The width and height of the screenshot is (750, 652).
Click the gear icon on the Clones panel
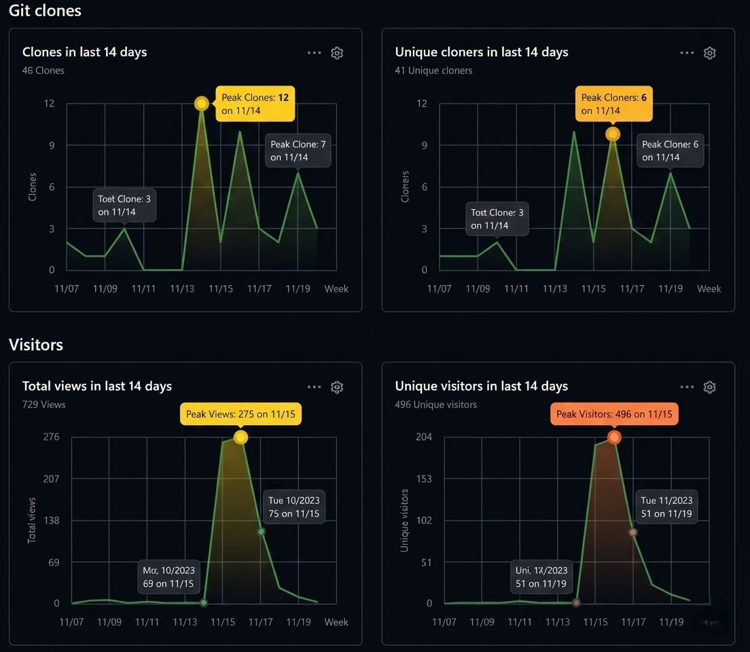pyautogui.click(x=336, y=53)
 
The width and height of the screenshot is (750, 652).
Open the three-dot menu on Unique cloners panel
pyautogui.click(x=687, y=53)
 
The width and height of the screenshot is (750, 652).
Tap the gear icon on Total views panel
pyautogui.click(x=336, y=387)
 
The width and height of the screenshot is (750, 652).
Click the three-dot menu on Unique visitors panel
pyautogui.click(x=687, y=387)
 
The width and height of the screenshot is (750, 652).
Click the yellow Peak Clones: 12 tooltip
pyautogui.click(x=255, y=104)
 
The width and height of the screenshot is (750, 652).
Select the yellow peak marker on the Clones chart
pyautogui.click(x=201, y=103)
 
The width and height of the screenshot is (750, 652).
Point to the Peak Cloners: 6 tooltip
pyautogui.click(x=614, y=104)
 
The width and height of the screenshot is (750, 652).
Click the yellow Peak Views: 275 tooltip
pyautogui.click(x=240, y=414)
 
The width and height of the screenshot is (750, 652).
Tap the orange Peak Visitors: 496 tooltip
pyautogui.click(x=614, y=414)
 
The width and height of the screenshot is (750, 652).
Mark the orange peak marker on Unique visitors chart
pyautogui.click(x=614, y=438)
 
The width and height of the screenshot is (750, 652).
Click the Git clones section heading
pyautogui.click(x=45, y=11)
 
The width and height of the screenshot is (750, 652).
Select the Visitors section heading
pyautogui.click(x=36, y=344)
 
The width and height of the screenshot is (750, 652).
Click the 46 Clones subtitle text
pyautogui.click(x=43, y=71)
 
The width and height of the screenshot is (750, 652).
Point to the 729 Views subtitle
pyautogui.click(x=44, y=405)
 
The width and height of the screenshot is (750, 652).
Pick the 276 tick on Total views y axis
pyautogui.click(x=52, y=437)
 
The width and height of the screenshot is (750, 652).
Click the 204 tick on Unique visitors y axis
pyautogui.click(x=424, y=437)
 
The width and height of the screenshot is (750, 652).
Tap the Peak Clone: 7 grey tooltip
pyautogui.click(x=298, y=150)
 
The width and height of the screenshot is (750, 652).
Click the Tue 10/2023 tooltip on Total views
pyautogui.click(x=293, y=507)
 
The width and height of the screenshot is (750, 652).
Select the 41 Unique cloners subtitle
pyautogui.click(x=433, y=71)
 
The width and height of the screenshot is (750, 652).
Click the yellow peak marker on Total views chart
pyautogui.click(x=240, y=437)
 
